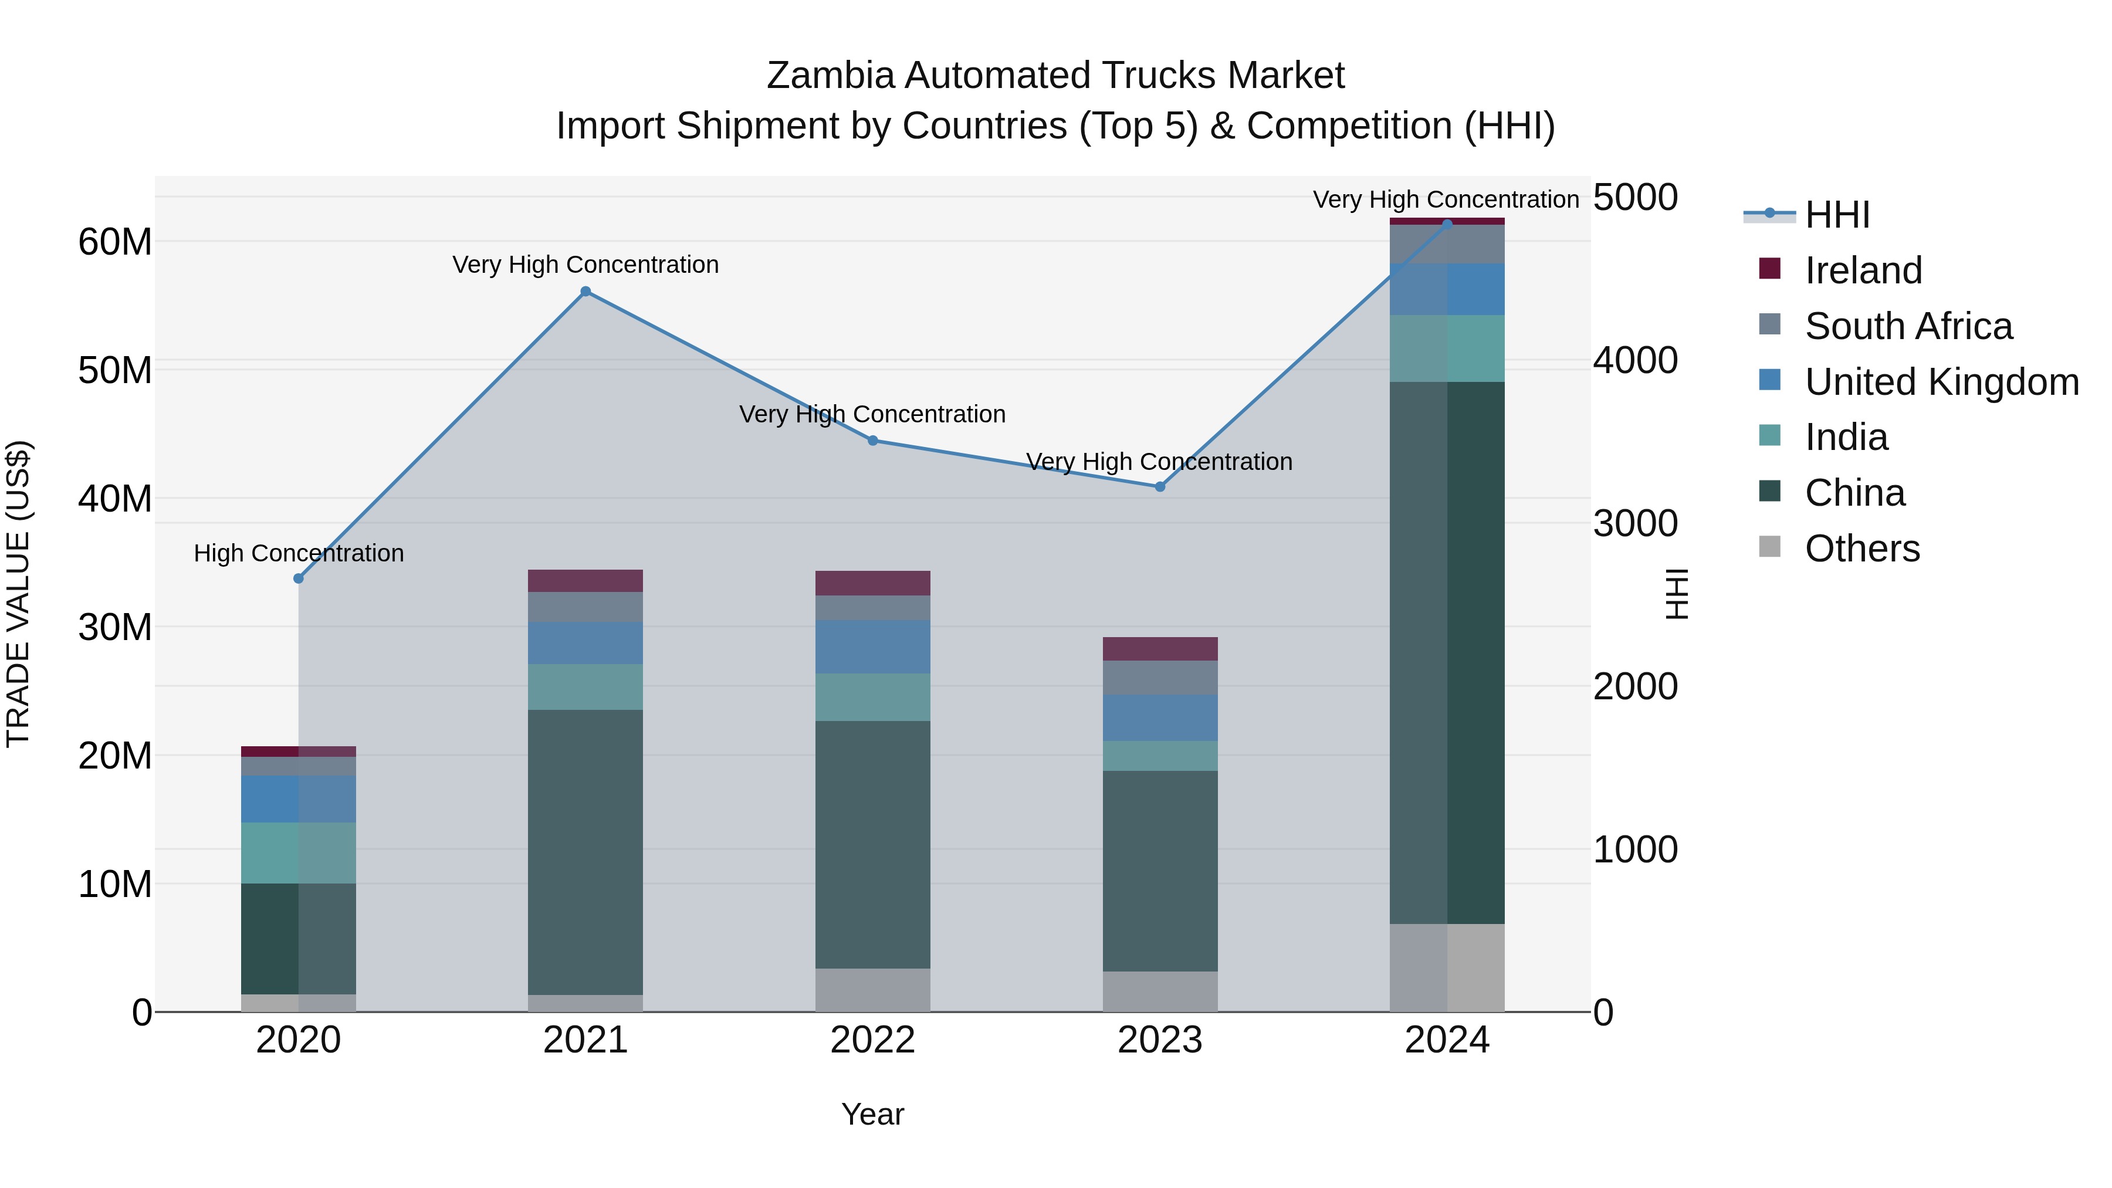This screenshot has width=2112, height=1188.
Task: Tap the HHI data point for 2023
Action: (x=1160, y=487)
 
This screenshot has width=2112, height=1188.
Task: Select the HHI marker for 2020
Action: (x=299, y=579)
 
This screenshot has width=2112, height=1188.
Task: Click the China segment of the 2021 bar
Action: (x=585, y=852)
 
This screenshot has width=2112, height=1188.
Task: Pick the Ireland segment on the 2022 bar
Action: (x=872, y=583)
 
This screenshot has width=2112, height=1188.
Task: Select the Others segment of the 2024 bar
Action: (x=1447, y=967)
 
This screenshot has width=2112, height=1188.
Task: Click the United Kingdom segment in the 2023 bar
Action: (x=1160, y=718)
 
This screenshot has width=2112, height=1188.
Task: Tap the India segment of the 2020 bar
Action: (x=299, y=852)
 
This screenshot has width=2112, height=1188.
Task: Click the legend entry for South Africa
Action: (x=1907, y=326)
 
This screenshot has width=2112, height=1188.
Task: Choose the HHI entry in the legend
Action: (x=1836, y=215)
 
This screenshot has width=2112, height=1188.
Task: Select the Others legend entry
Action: (x=1861, y=549)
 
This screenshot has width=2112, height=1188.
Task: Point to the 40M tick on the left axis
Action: (x=115, y=499)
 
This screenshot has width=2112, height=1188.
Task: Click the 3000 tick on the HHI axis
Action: (x=1635, y=523)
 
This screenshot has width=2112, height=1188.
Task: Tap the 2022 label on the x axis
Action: (x=872, y=1040)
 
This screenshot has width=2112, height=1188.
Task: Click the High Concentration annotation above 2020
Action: (x=299, y=553)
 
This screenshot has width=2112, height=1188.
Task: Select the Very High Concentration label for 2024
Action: (x=1446, y=199)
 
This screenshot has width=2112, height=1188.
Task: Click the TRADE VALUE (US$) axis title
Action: (x=18, y=594)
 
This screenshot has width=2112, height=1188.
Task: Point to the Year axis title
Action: (x=872, y=1114)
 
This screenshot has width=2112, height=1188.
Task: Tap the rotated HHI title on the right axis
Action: (x=1677, y=594)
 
